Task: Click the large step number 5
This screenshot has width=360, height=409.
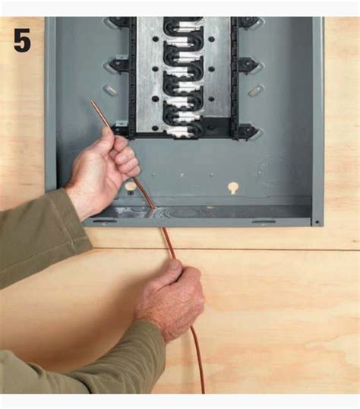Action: pyautogui.click(x=22, y=40)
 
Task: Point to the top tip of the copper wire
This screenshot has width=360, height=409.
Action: pyautogui.click(x=92, y=102)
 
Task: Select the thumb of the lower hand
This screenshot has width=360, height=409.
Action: pyautogui.click(x=175, y=268)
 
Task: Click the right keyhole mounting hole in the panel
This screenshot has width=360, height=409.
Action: pyautogui.click(x=233, y=187)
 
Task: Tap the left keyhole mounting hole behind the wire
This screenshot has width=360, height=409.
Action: pyautogui.click(x=131, y=187)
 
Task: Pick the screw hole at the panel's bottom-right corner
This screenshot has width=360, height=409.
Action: pyautogui.click(x=317, y=222)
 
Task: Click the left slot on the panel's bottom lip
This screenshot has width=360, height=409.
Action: pyautogui.click(x=105, y=221)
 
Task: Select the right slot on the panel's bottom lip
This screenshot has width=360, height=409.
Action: pyautogui.click(x=264, y=222)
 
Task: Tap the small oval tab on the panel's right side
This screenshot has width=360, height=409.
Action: pyautogui.click(x=255, y=90)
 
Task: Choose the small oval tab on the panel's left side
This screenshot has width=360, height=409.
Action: pyautogui.click(x=110, y=90)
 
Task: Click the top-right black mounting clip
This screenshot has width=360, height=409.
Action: pyautogui.click(x=248, y=21)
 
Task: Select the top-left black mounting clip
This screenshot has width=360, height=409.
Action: pyautogui.click(x=119, y=21)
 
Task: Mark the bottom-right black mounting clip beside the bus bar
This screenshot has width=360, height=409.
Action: pyautogui.click(x=247, y=131)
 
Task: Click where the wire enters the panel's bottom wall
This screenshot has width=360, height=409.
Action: pyautogui.click(x=154, y=208)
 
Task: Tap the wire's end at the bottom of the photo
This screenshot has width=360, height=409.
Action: pyautogui.click(x=203, y=392)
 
